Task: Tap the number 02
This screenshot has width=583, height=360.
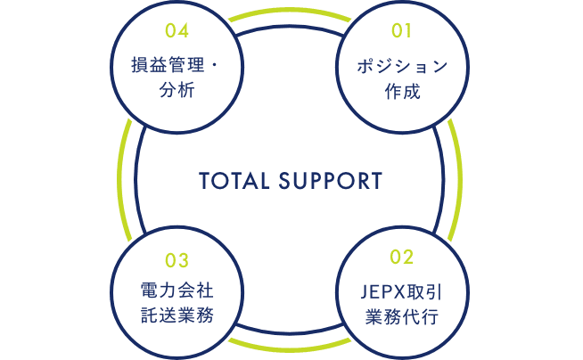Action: click(402, 258)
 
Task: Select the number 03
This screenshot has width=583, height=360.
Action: click(177, 260)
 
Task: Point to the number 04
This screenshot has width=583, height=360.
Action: click(177, 31)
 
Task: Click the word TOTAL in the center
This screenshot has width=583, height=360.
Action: click(234, 181)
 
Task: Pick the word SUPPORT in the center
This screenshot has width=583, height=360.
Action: click(330, 181)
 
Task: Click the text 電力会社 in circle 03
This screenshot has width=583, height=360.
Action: click(177, 292)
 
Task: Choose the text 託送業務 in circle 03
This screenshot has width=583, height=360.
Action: click(177, 315)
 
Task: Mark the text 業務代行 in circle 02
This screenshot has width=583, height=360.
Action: click(402, 315)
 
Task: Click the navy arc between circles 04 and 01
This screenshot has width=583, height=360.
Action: click(290, 29)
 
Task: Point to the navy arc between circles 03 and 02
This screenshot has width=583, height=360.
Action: click(290, 331)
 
